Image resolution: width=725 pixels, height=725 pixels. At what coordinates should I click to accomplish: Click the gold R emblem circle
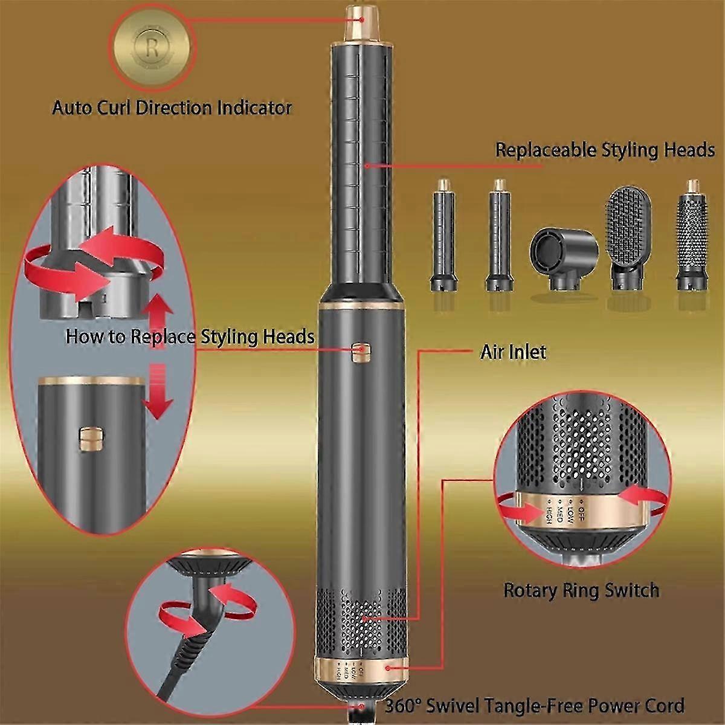coord(152,48)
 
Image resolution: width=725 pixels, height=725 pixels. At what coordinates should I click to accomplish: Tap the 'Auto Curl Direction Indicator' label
coord(172,108)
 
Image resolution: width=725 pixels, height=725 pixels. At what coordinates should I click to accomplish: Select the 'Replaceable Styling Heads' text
coord(605,149)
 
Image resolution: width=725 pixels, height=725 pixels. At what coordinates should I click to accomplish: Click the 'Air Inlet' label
coord(513,352)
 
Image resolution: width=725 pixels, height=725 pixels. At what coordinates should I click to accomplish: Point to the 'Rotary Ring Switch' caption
coord(581,590)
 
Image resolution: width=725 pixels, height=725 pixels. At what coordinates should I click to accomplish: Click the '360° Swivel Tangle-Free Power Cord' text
coord(534,705)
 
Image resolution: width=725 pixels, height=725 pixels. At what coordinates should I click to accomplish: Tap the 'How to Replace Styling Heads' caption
coord(190,336)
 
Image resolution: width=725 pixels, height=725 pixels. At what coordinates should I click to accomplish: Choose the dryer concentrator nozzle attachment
coord(563,257)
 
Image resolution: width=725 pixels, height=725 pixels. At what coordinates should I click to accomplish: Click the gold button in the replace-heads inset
coord(89,438)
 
